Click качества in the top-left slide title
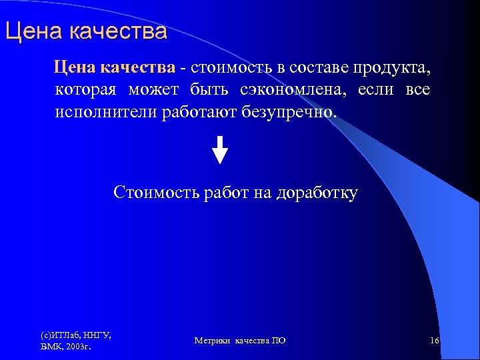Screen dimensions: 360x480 (117, 31)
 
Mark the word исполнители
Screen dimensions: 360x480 (106, 112)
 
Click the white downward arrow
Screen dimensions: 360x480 (220, 149)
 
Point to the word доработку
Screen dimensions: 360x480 (318, 193)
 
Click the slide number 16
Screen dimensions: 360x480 (434, 341)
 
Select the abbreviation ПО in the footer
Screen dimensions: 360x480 (279, 341)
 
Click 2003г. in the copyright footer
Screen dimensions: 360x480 (78, 347)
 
